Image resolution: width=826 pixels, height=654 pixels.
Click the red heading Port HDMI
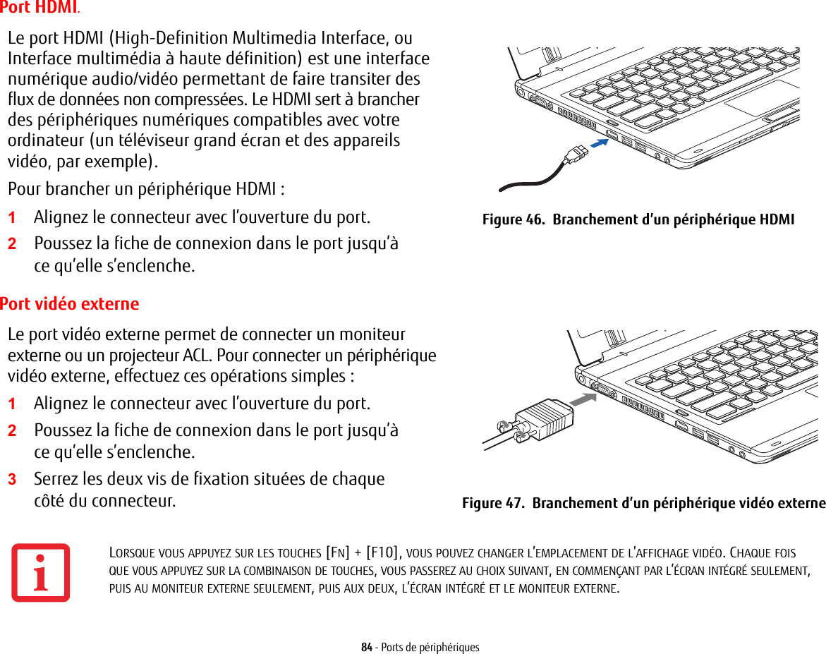click(x=38, y=8)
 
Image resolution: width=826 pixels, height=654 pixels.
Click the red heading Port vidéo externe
click(x=69, y=304)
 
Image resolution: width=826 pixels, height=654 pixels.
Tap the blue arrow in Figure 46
click(x=599, y=143)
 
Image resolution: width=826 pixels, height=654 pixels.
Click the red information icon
click(x=41, y=572)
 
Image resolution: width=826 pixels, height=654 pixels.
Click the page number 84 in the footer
click(x=367, y=647)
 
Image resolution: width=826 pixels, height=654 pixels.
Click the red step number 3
click(x=11, y=480)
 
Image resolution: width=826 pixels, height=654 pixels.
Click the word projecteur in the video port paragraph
click(x=211, y=354)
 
